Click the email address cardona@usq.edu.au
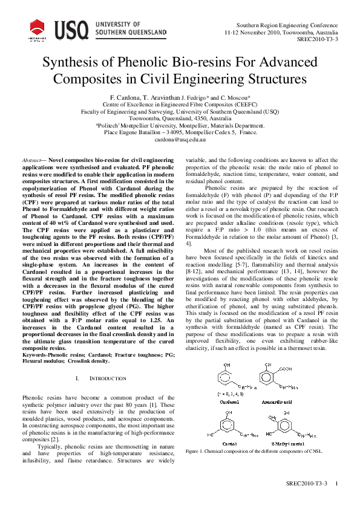(x=180, y=139)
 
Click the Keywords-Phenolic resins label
(x=49, y=354)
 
